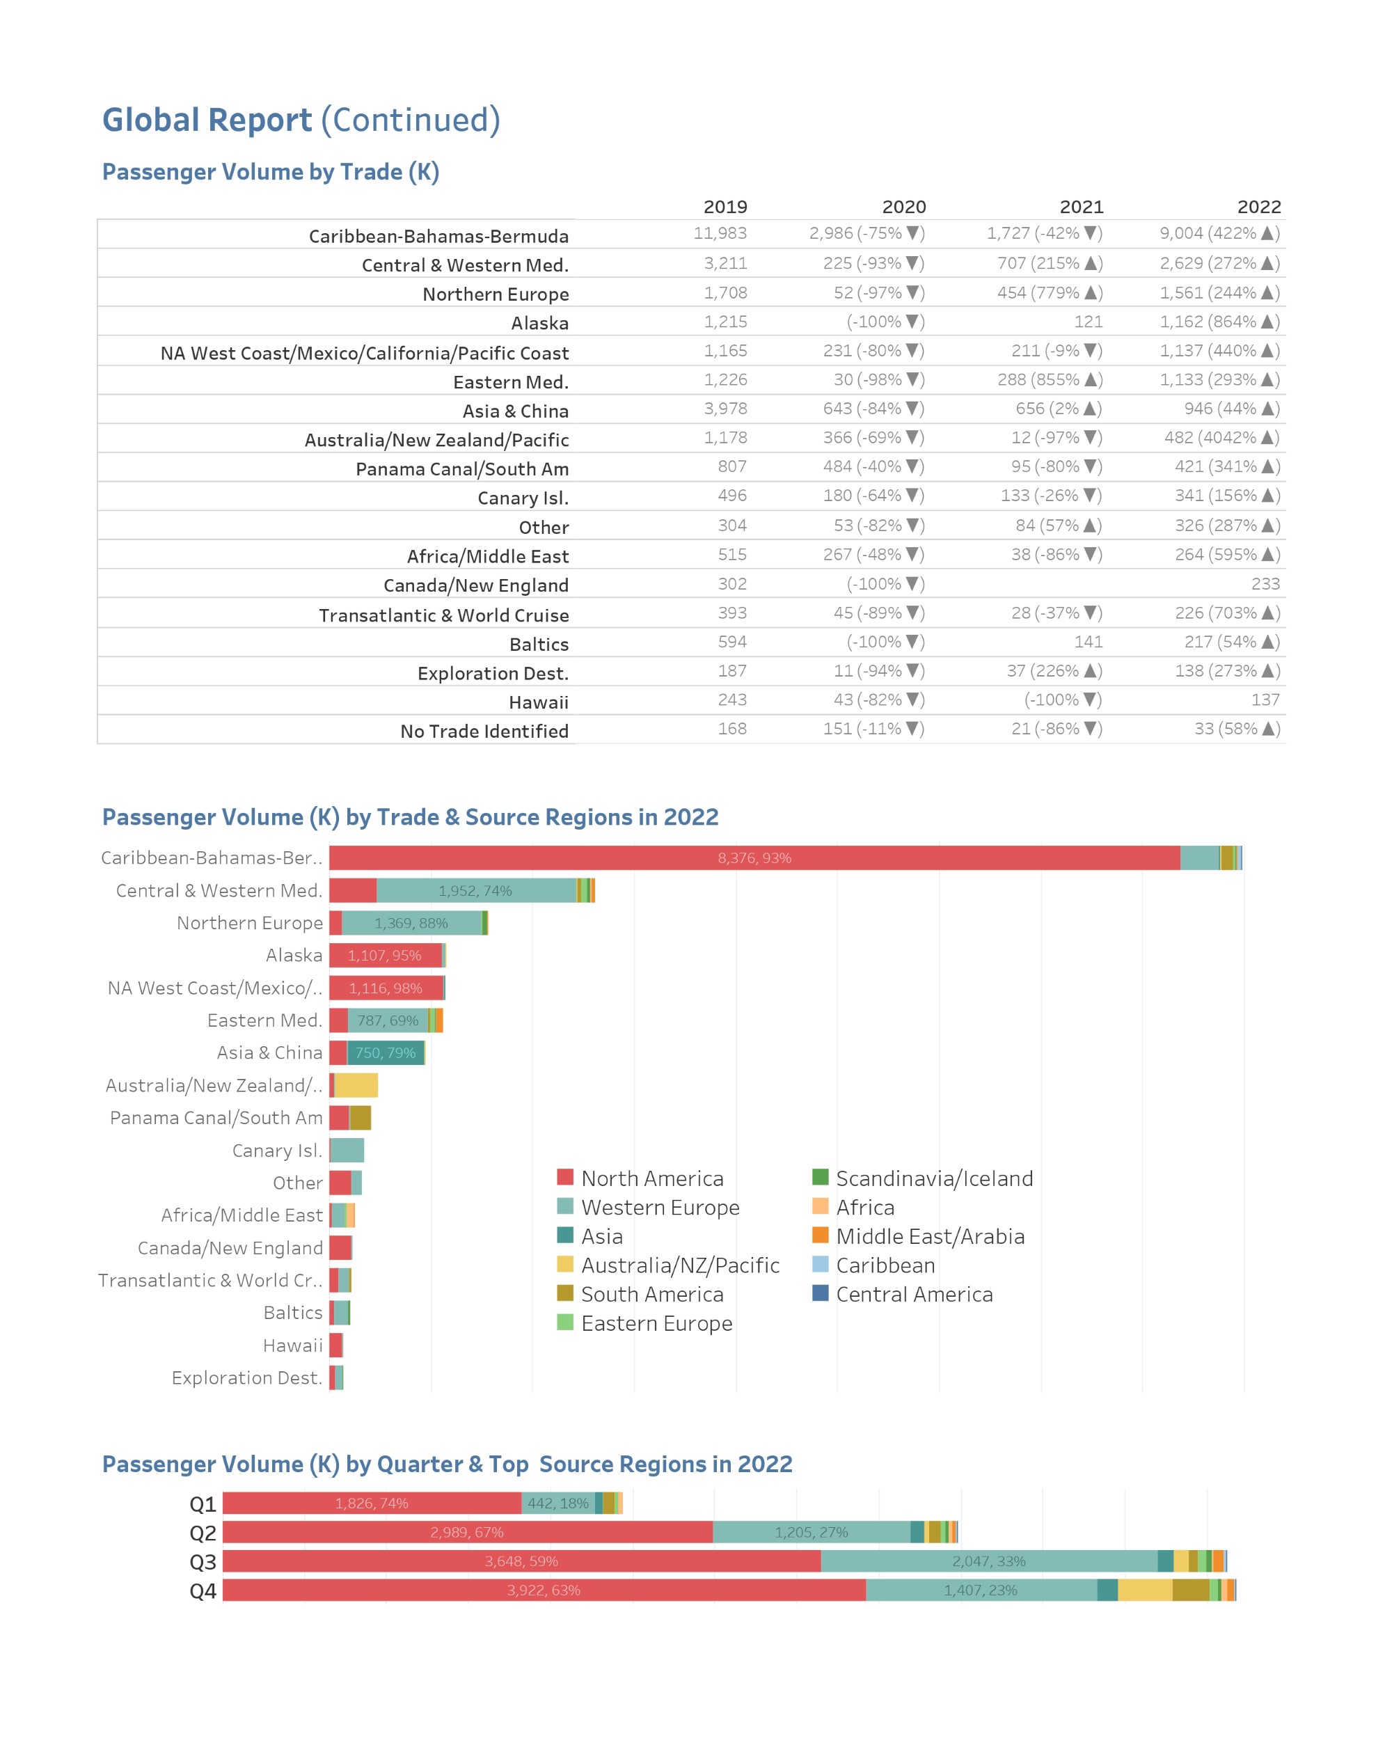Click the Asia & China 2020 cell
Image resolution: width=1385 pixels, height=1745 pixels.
pos(873,409)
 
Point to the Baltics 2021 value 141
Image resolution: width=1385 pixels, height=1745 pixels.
pos(1088,642)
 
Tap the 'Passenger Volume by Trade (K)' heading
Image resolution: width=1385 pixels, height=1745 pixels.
pos(270,172)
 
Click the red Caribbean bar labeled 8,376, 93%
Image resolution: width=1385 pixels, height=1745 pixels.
pos(754,858)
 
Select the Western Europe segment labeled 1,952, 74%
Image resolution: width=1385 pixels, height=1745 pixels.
pos(476,890)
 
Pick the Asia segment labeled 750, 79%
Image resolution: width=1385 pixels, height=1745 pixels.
pos(386,1053)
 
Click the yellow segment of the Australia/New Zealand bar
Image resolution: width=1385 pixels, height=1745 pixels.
pos(356,1085)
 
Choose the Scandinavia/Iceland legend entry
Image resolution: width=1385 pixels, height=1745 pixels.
pos(923,1178)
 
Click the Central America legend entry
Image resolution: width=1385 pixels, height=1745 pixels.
pos(903,1294)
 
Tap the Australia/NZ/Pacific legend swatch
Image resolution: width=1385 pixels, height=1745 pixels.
pos(565,1264)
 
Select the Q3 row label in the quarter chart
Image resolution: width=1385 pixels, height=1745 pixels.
pos(203,1562)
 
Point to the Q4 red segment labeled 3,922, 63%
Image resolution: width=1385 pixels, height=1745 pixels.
pos(544,1590)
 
